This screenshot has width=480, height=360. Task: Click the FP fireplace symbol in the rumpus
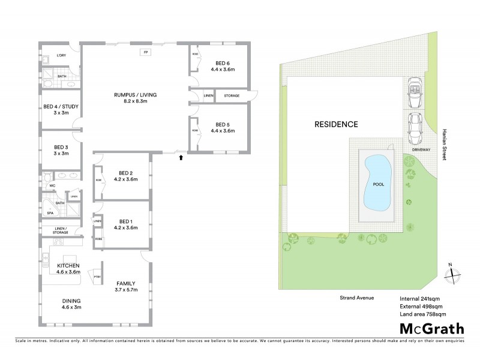[145, 52]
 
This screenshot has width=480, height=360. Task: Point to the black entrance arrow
[181, 158]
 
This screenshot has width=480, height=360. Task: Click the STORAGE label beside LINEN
[232, 95]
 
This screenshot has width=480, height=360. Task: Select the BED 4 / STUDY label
[61, 107]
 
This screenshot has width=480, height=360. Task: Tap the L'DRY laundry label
[61, 56]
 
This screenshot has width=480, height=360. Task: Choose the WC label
[52, 186]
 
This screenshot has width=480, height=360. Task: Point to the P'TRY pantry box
[97, 276]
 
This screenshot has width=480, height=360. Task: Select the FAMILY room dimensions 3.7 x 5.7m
[126, 290]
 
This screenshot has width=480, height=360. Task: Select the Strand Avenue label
[353, 297]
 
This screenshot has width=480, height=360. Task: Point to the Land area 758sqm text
[424, 313]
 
